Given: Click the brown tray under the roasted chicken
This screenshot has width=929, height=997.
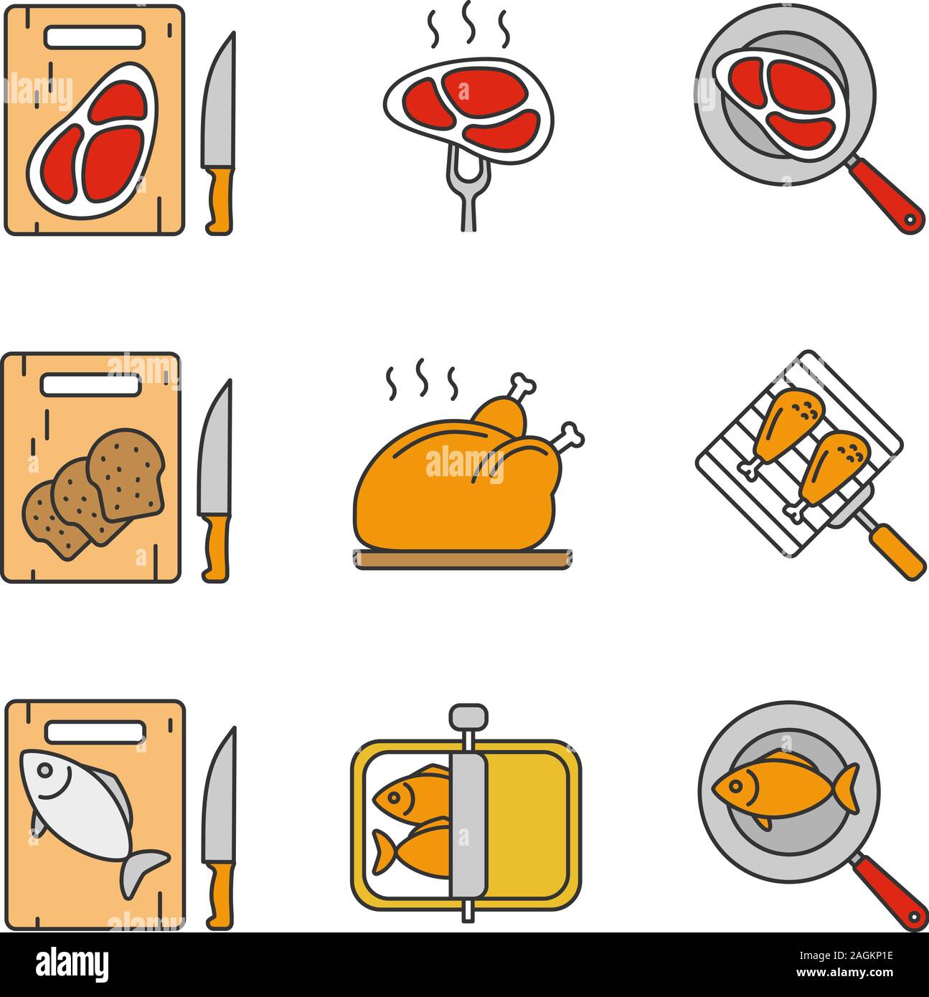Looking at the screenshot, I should coord(463,559).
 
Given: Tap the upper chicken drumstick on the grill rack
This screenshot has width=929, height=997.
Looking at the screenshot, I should coord(782,423).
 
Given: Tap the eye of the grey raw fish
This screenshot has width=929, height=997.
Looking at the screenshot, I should coord(44,770).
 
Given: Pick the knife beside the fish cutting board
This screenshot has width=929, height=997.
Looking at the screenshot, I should coord(218,825).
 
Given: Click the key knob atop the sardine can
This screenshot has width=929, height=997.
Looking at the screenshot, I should coord(468,715).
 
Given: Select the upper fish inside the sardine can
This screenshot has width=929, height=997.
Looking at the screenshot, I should coord(409,793).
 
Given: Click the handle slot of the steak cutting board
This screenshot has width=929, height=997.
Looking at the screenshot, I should coord(95,37).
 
